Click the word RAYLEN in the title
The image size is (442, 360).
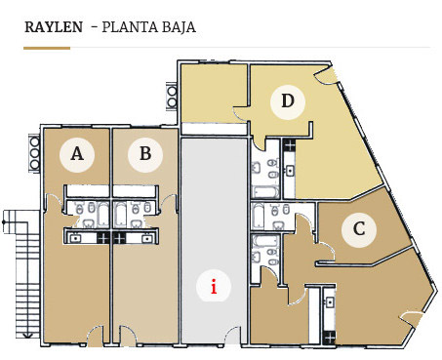point(54,27)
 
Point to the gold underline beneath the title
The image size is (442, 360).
point(47,48)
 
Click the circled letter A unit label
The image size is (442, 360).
point(77,154)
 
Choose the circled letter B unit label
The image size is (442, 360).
point(145,154)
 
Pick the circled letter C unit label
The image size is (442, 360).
point(359,229)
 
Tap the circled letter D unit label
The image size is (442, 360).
point(288,101)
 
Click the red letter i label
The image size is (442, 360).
point(214,287)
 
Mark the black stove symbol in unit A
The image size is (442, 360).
point(103,238)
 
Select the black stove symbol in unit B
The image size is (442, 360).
point(119,238)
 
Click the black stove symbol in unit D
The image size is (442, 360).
point(289,144)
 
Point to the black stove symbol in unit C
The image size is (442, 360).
point(330,338)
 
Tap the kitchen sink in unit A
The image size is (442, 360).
point(76,238)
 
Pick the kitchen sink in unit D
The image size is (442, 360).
point(290,170)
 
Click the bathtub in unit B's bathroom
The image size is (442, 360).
point(120,215)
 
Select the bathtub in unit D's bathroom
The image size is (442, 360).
point(265,192)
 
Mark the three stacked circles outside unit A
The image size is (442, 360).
point(34,153)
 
